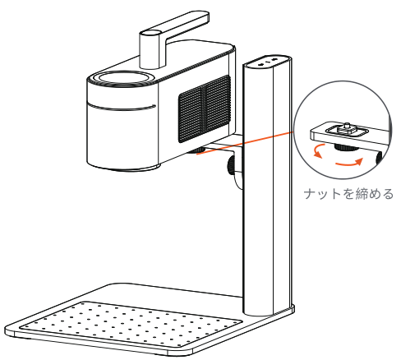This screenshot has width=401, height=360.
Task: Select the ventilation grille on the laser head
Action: coord(205,108)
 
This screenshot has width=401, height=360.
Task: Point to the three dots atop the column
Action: coord(268,62)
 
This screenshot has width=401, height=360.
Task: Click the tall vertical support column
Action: coord(267,187)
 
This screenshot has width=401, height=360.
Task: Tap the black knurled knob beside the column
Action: coord(232,165)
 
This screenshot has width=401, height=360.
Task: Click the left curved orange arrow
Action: coord(316,151)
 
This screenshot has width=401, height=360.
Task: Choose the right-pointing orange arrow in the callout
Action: coord(349,163)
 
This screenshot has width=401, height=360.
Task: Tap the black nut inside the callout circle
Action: coord(346,148)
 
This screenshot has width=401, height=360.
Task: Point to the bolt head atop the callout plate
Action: coord(347,127)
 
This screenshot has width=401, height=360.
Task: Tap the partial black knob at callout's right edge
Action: coord(379,159)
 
